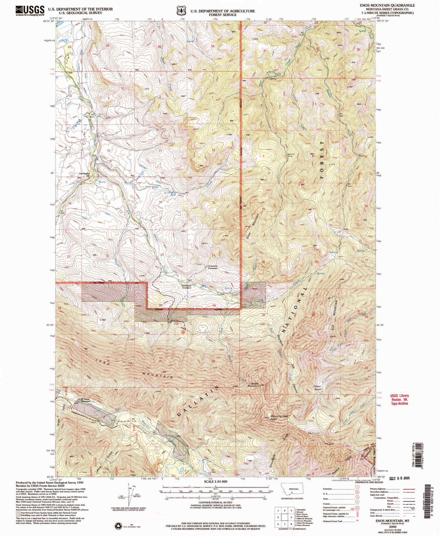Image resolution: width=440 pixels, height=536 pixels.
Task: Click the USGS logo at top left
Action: [x=30, y=11]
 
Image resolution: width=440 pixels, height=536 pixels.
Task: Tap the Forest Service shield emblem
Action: [x=181, y=11]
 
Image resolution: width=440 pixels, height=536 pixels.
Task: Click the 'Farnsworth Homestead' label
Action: [x=212, y=268]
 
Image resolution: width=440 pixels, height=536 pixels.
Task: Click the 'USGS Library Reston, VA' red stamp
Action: [x=399, y=399]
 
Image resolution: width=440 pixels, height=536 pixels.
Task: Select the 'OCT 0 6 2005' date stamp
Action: [x=399, y=478]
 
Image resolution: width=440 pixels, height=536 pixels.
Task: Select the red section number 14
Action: [x=160, y=202]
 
